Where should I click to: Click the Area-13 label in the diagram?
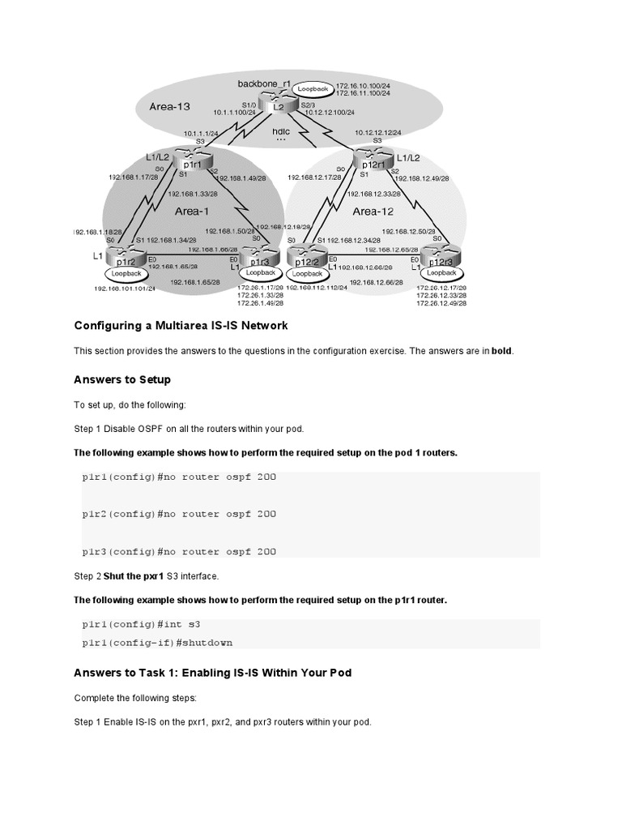click(170, 106)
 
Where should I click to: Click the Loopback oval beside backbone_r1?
click(312, 88)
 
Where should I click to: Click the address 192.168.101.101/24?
click(123, 288)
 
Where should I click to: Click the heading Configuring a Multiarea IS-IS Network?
click(181, 326)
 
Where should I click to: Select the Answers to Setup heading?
click(122, 379)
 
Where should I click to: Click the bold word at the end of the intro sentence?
click(501, 351)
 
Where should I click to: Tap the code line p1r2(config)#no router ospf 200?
click(179, 514)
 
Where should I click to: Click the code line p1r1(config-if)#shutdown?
click(157, 642)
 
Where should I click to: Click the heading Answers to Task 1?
click(213, 673)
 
